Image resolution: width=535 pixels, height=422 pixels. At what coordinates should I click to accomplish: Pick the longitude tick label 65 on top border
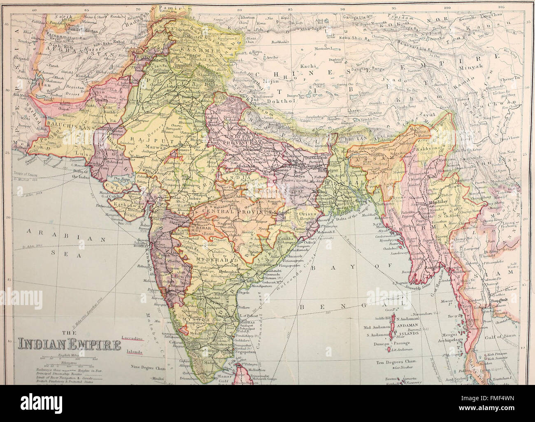pos(86,8)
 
